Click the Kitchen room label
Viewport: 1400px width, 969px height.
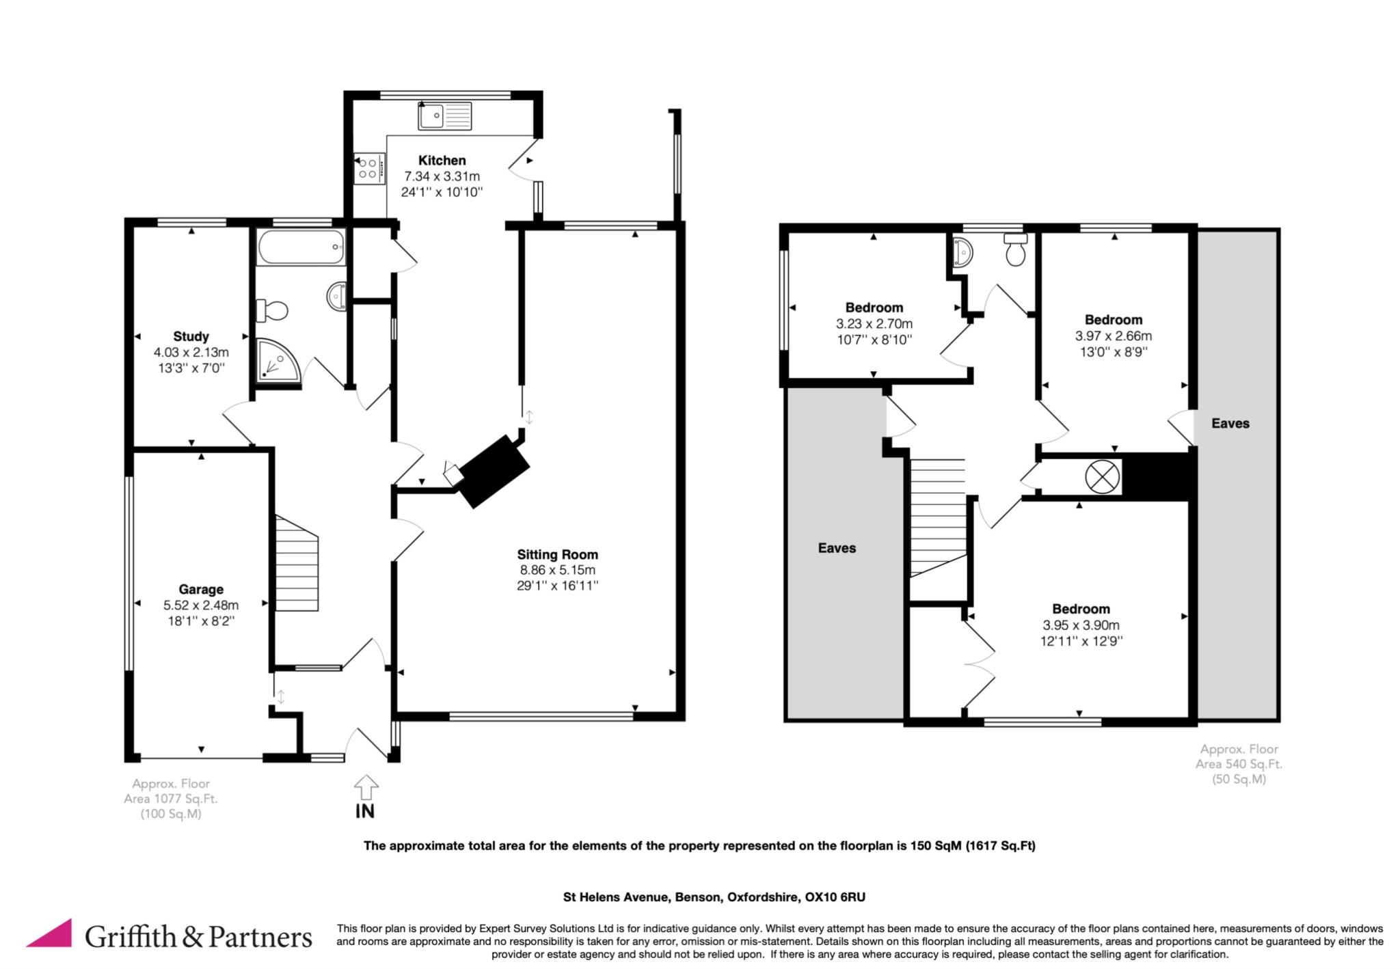pyautogui.click(x=442, y=161)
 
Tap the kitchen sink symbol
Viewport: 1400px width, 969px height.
pyautogui.click(x=445, y=115)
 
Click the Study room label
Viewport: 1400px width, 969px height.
pyautogui.click(x=191, y=336)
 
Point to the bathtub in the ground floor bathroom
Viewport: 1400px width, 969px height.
pyautogui.click(x=300, y=247)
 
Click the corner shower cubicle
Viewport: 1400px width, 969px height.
pyautogui.click(x=278, y=359)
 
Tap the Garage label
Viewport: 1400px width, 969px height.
pyautogui.click(x=201, y=589)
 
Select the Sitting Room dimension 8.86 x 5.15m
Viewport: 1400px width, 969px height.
pyautogui.click(x=557, y=570)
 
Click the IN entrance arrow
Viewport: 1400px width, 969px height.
pyautogui.click(x=366, y=787)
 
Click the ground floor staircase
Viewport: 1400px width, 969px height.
pyautogui.click(x=297, y=563)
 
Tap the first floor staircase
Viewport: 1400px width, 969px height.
pyautogui.click(x=937, y=518)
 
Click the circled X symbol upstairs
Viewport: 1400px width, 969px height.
pyautogui.click(x=1103, y=476)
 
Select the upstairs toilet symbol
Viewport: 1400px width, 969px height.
pyautogui.click(x=1016, y=249)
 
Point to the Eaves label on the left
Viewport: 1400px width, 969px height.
pyautogui.click(x=837, y=548)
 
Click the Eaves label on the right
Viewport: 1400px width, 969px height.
pyautogui.click(x=1230, y=424)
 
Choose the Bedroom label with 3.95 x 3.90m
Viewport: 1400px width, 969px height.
pyautogui.click(x=1081, y=609)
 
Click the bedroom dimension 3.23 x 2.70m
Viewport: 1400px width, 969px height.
pyautogui.click(x=874, y=324)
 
